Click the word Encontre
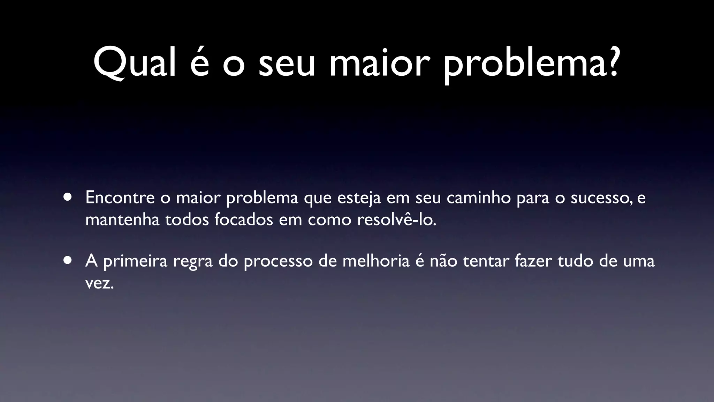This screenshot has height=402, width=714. tap(120, 198)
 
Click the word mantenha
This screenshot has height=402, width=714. tap(122, 220)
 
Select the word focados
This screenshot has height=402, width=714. tap(244, 220)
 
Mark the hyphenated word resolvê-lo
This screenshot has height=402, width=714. tap(396, 220)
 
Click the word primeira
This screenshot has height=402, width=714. tap(136, 261)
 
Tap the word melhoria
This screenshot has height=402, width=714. tap(376, 261)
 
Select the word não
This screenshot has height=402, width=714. tap(443, 261)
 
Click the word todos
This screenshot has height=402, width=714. tap(187, 220)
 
